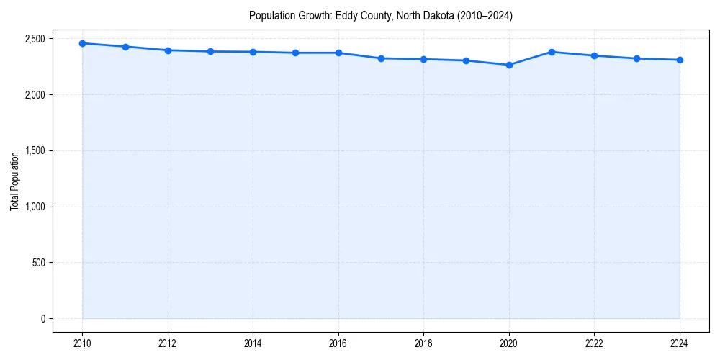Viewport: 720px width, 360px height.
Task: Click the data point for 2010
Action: [x=83, y=43]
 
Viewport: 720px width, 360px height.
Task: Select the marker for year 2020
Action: [x=509, y=65]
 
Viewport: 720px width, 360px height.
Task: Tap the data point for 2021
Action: [x=552, y=52]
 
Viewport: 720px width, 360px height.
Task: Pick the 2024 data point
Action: [x=680, y=60]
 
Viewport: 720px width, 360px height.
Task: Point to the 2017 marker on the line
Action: [x=382, y=58]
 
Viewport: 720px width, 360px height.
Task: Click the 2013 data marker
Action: [x=210, y=51]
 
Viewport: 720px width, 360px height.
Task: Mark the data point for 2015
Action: [x=296, y=53]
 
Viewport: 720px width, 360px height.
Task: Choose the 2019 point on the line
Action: [x=467, y=60]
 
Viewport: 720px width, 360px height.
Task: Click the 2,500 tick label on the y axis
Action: [x=35, y=39]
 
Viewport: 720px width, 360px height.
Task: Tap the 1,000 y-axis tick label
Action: [x=35, y=207]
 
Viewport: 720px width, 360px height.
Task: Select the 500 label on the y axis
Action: [x=38, y=263]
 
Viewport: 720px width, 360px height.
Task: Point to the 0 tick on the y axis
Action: [x=42, y=319]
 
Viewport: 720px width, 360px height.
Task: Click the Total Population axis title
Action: [x=14, y=181]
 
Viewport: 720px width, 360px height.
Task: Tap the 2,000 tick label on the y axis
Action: [x=35, y=95]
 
